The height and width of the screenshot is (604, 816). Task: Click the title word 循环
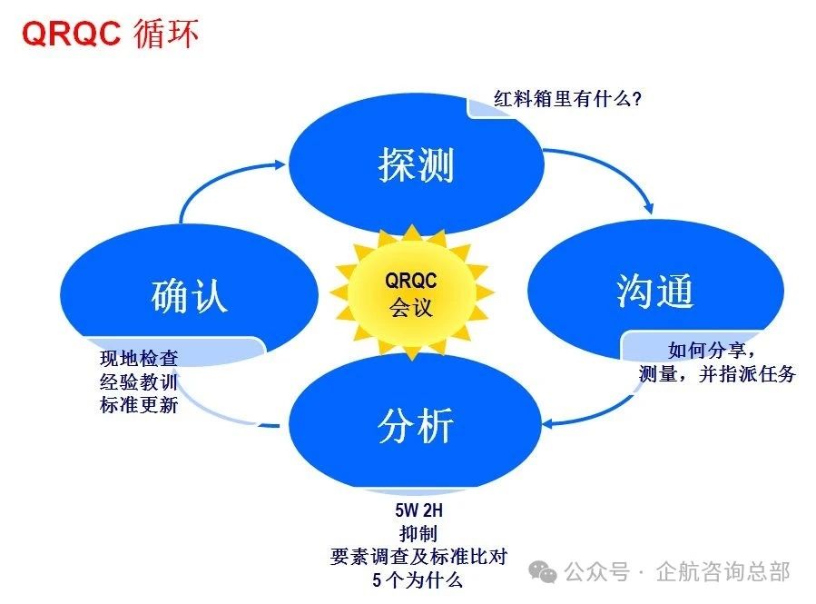coord(166,34)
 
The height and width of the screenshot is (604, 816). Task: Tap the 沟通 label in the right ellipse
coord(654,291)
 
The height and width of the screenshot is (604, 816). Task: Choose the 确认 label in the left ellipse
coord(188,296)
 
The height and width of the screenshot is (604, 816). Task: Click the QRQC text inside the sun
coord(411,280)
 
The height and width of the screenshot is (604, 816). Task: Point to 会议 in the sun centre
coord(411,307)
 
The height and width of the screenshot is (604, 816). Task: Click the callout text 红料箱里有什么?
coord(567,98)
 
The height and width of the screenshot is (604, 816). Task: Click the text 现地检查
coord(139,359)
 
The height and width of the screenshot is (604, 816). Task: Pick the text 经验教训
coord(139,382)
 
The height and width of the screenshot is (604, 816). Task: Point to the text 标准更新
coord(139,405)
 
